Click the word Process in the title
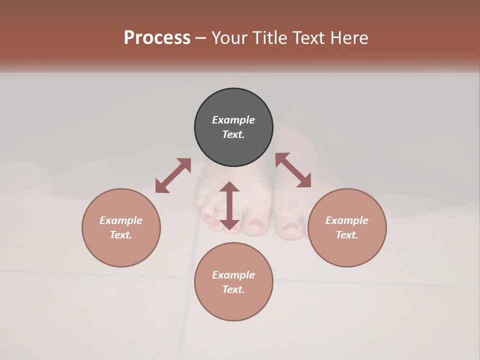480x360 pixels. pyautogui.click(x=157, y=37)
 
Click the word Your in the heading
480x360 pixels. pyautogui.click(x=228, y=37)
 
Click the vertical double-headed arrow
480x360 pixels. pyautogui.click(x=229, y=206)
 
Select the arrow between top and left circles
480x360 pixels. pyautogui.click(x=173, y=175)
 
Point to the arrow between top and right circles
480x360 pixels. pyautogui.click(x=293, y=170)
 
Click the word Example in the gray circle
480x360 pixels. pyautogui.click(x=233, y=120)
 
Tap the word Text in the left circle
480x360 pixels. pyautogui.click(x=121, y=235)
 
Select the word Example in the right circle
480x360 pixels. pyautogui.click(x=347, y=220)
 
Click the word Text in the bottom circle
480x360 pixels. pyautogui.click(x=233, y=289)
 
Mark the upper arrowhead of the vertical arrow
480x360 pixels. pyautogui.click(x=229, y=187)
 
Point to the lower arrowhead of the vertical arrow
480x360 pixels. pyautogui.click(x=229, y=224)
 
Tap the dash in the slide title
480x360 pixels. pyautogui.click(x=201, y=38)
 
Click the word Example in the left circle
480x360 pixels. pyautogui.click(x=121, y=220)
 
